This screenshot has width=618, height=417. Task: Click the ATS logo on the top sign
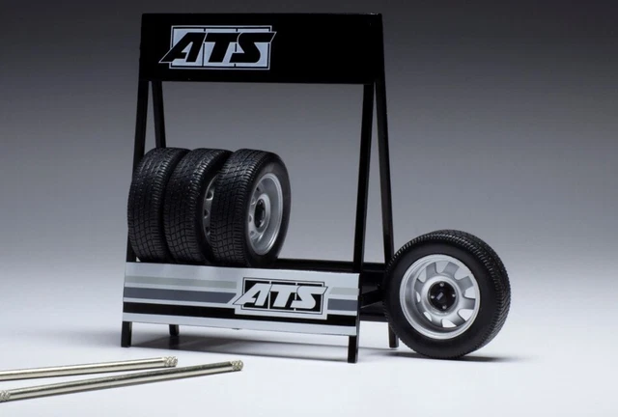click(x=217, y=47)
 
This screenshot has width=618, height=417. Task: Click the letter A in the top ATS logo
click(x=183, y=48)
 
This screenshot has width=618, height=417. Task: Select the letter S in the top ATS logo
click(x=253, y=47)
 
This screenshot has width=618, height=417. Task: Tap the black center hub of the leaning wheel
click(x=440, y=294)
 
